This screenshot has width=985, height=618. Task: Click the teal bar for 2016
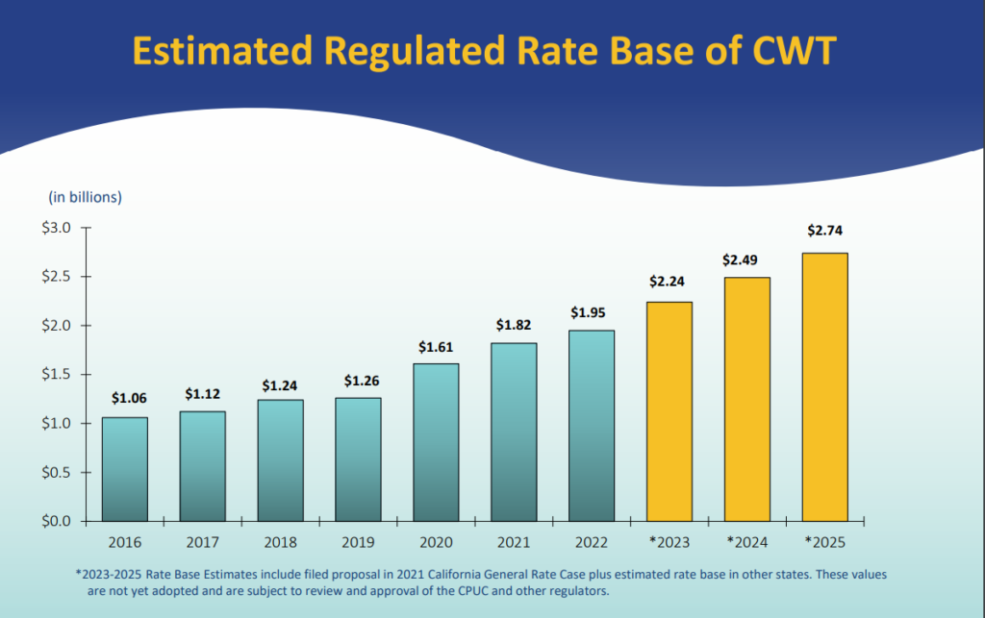tap(125, 469)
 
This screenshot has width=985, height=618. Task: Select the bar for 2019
tap(358, 459)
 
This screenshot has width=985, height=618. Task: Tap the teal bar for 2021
tap(514, 433)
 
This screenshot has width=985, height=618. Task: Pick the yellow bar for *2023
tap(669, 411)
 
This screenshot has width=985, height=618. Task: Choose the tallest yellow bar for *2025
tap(824, 386)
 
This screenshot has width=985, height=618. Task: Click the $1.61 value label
tap(436, 347)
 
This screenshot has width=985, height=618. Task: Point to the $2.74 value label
tap(824, 231)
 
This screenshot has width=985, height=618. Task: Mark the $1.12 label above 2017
tap(203, 394)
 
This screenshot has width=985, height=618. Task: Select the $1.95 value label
tap(591, 312)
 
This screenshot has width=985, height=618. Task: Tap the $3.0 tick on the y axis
tap(60, 228)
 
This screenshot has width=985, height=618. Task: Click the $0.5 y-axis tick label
tap(60, 472)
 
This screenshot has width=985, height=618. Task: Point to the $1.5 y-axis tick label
tap(60, 374)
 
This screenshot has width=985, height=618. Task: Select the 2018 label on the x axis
tap(281, 542)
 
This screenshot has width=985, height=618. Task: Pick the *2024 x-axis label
tap(746, 542)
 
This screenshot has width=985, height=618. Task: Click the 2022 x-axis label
tap(591, 542)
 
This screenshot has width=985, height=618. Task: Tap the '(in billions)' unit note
tap(86, 197)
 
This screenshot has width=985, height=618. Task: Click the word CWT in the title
tap(792, 51)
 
